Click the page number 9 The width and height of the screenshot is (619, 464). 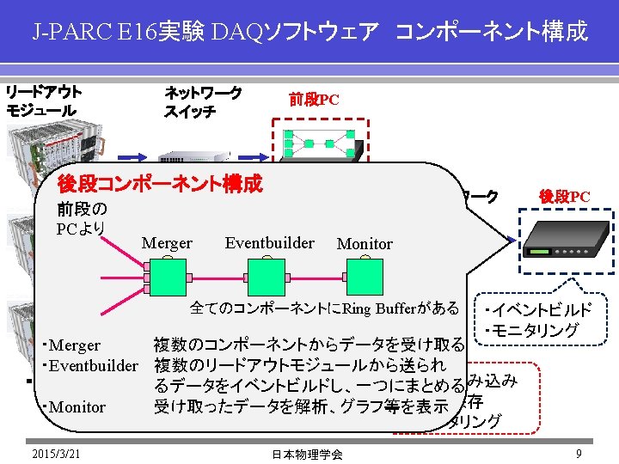click(x=580, y=453)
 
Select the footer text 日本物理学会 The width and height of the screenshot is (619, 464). click(x=307, y=454)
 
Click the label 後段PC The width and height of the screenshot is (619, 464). click(x=564, y=197)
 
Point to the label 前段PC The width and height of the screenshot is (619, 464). click(x=314, y=100)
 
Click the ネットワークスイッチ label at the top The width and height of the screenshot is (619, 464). click(x=202, y=101)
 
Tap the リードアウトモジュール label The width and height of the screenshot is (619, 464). click(x=44, y=101)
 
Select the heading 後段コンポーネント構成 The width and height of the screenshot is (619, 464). click(x=159, y=183)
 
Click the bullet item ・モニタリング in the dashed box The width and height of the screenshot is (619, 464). click(x=531, y=330)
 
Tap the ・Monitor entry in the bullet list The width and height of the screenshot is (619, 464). click(x=73, y=406)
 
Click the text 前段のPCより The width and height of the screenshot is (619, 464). click(x=82, y=218)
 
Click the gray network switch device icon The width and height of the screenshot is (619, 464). click(x=197, y=157)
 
